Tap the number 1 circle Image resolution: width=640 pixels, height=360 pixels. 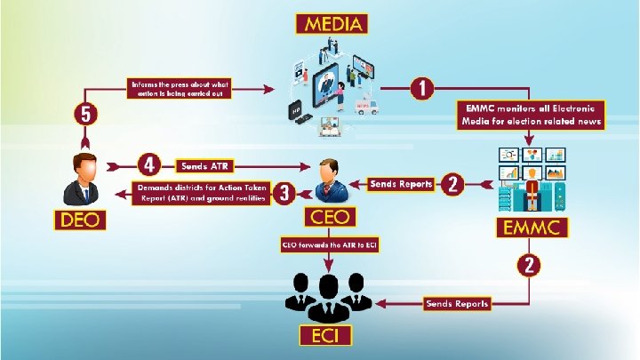tap(422, 88)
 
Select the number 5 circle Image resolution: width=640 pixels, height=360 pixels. tap(86, 115)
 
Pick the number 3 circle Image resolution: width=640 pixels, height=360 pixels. tap(284, 194)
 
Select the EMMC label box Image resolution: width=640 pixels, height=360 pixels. tap(532, 227)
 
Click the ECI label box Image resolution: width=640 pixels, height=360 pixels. tap(325, 336)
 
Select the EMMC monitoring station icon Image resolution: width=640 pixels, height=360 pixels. tap(532, 179)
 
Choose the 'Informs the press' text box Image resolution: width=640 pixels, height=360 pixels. tap(180, 90)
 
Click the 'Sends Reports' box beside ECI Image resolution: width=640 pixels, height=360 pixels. tap(457, 303)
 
